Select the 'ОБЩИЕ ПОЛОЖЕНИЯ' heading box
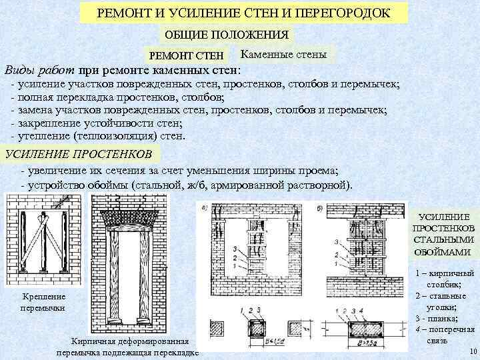(x=227, y=35)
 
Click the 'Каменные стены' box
(x=283, y=54)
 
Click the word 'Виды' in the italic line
(x=18, y=70)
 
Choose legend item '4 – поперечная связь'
(x=444, y=334)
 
